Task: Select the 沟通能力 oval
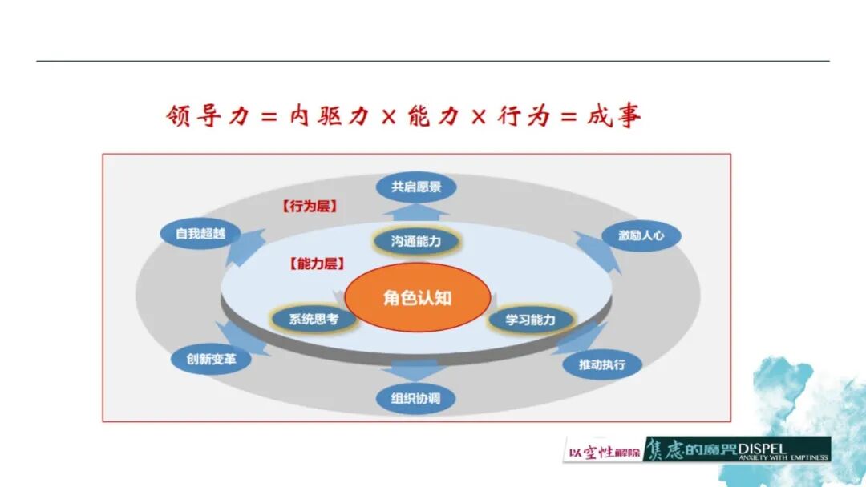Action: (416, 240)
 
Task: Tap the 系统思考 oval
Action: (314, 319)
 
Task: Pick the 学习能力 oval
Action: (531, 320)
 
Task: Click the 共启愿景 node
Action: (416, 188)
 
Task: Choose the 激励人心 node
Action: (640, 236)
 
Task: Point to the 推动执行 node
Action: (601, 365)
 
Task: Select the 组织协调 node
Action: (416, 398)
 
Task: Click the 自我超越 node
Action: (200, 234)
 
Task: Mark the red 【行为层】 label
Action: (310, 206)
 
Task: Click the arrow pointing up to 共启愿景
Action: (415, 211)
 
